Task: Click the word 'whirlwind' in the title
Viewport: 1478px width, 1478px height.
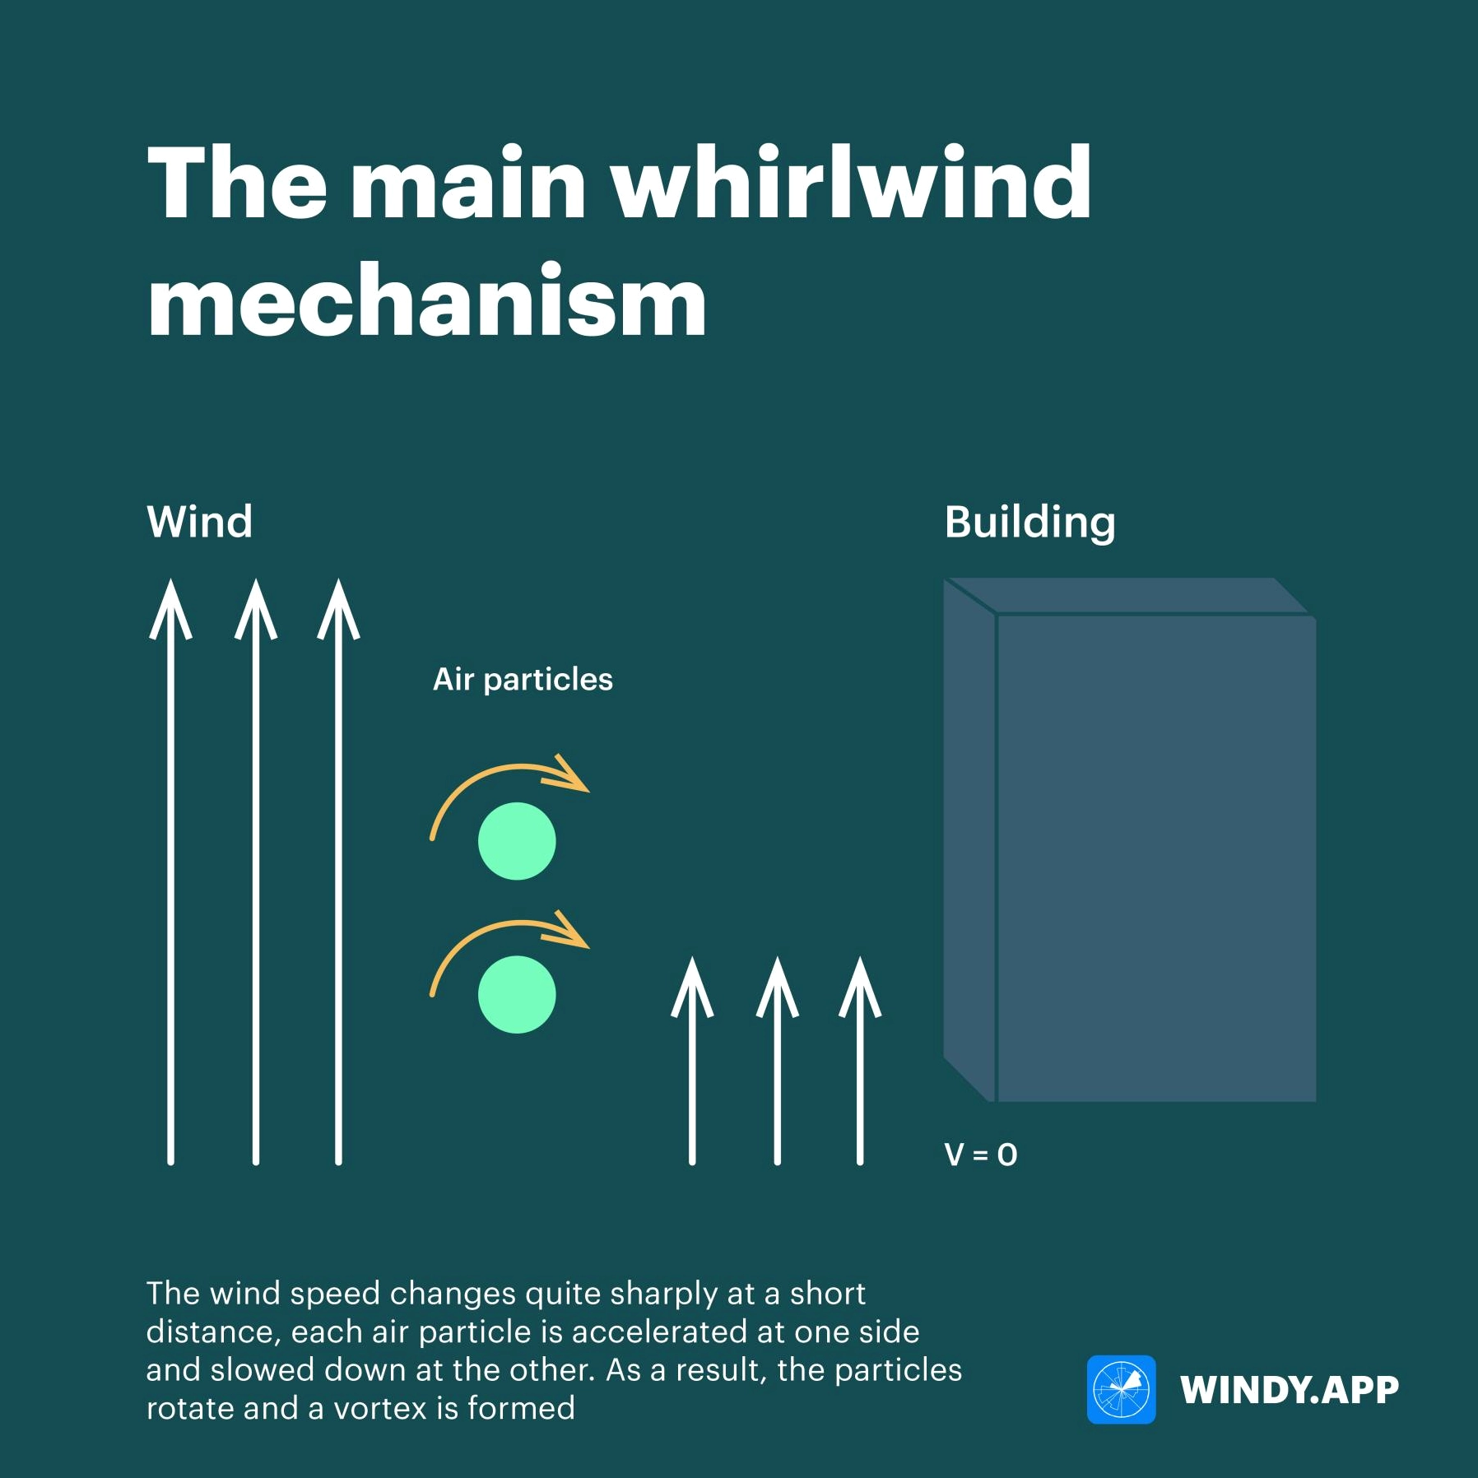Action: point(851,182)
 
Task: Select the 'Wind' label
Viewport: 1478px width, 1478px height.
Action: point(200,522)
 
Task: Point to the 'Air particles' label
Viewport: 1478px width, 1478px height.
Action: point(523,680)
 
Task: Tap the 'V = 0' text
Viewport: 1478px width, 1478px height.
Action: point(981,1155)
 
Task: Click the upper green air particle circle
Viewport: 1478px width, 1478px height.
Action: point(517,841)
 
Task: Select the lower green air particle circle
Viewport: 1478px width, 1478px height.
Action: point(517,994)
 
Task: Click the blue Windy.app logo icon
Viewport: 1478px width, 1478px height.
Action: point(1121,1389)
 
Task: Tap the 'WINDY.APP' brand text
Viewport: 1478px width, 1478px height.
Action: point(1290,1390)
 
